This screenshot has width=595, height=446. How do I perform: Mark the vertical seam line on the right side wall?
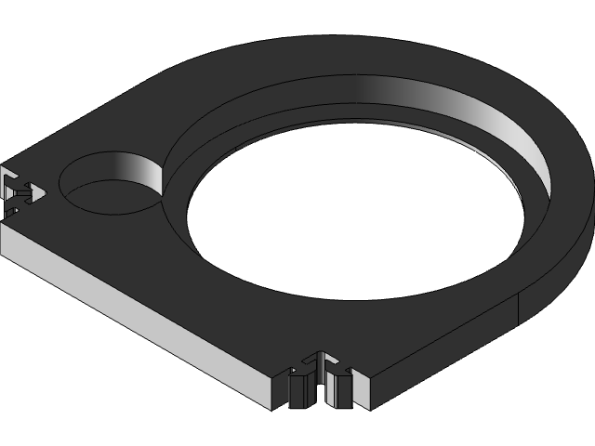(518, 312)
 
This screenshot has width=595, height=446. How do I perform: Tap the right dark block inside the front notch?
(340, 390)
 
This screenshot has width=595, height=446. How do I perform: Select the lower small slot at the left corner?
(11, 211)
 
